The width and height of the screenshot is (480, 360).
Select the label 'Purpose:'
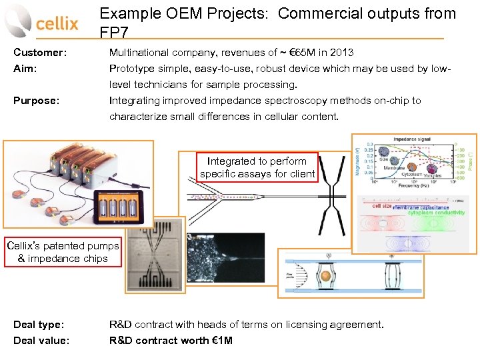point(37,101)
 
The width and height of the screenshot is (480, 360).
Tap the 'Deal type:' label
point(39,325)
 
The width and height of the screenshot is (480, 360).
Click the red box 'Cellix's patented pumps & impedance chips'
point(63,252)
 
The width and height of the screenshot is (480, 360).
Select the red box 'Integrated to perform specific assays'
point(257,167)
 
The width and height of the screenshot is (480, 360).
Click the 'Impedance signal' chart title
point(411,139)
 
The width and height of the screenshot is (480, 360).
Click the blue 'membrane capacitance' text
point(420,207)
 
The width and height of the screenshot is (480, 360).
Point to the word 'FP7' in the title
point(115,33)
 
